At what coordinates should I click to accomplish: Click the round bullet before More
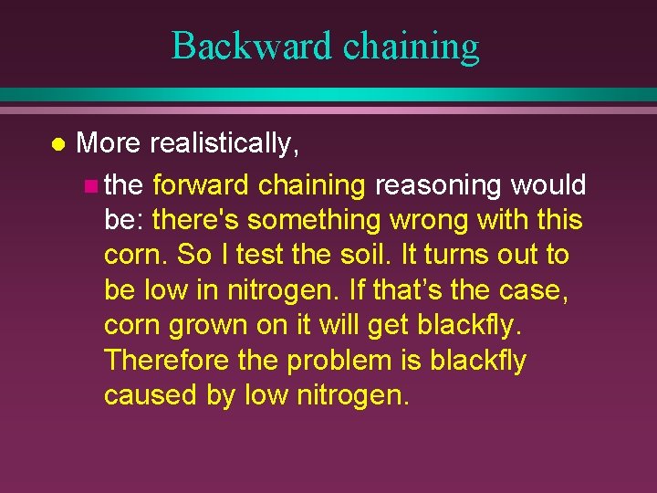click(x=57, y=144)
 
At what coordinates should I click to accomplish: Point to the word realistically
click(x=224, y=144)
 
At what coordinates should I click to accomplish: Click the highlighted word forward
click(x=201, y=185)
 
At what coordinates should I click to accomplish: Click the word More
click(x=109, y=144)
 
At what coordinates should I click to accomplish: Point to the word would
click(x=547, y=185)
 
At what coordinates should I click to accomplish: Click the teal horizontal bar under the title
click(x=328, y=95)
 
